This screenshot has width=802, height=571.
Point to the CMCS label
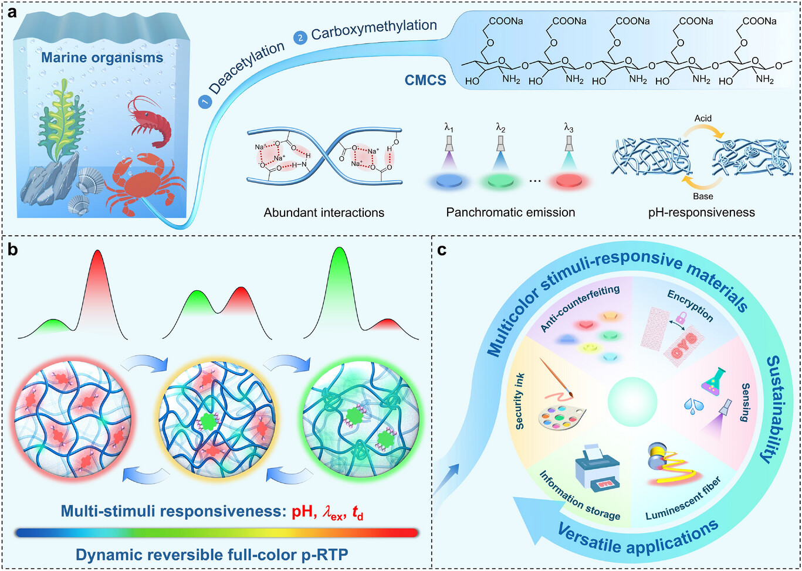point(425,80)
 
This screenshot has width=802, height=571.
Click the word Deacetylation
point(246,69)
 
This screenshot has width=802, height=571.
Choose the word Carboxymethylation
point(374,29)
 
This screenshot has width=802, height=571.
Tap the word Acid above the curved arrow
point(703,118)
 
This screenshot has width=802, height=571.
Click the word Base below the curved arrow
point(703,196)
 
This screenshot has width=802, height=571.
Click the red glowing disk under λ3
point(568,182)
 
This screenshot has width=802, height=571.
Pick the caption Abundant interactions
point(324,212)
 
